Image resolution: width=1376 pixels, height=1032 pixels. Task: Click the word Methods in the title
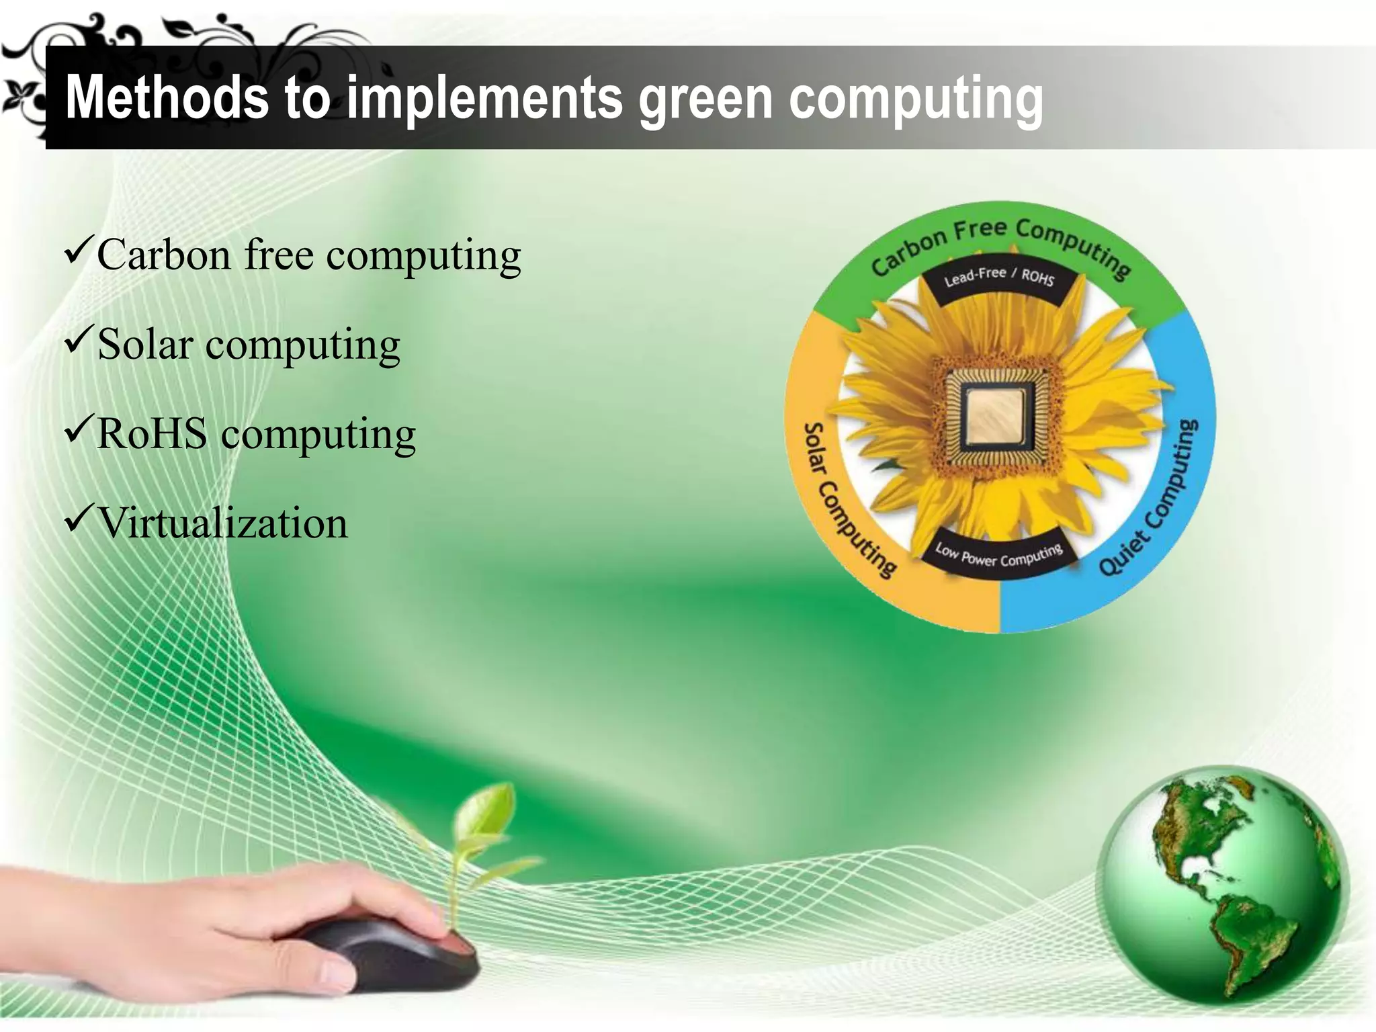165,98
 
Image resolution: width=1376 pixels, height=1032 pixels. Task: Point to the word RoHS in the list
153,433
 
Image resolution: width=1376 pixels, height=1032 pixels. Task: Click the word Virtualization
223,523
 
